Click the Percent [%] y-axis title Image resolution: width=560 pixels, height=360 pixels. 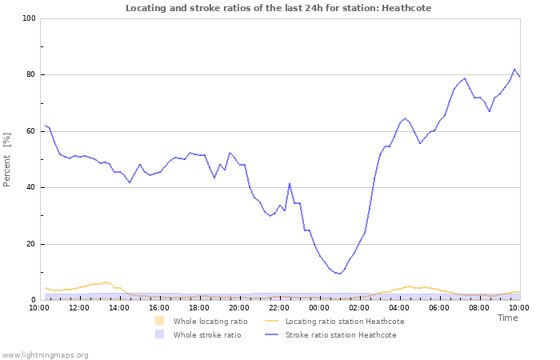pyautogui.click(x=7, y=160)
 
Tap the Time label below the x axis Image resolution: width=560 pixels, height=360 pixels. pyautogui.click(x=507, y=318)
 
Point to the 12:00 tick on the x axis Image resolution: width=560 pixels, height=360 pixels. pyautogui.click(x=79, y=307)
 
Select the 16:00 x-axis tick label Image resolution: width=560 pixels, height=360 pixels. pyautogui.click(x=159, y=307)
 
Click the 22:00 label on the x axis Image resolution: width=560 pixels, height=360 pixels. pyautogui.click(x=279, y=307)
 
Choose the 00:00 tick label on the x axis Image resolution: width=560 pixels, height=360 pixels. pyautogui.click(x=319, y=307)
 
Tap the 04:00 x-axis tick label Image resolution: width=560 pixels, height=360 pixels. pyautogui.click(x=399, y=307)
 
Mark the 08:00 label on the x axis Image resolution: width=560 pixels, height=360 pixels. pyautogui.click(x=479, y=307)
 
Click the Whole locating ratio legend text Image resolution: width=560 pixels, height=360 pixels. pyautogui.click(x=210, y=322)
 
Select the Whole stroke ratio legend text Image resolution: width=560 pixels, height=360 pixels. pyautogui.click(x=206, y=335)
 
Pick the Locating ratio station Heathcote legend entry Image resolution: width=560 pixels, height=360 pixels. pyautogui.click(x=344, y=322)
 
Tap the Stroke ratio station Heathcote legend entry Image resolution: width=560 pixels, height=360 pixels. pyautogui.click(x=340, y=335)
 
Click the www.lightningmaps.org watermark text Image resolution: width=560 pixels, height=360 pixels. pyautogui.click(x=45, y=354)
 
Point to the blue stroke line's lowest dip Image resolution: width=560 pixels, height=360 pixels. pyautogui.click(x=340, y=274)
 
